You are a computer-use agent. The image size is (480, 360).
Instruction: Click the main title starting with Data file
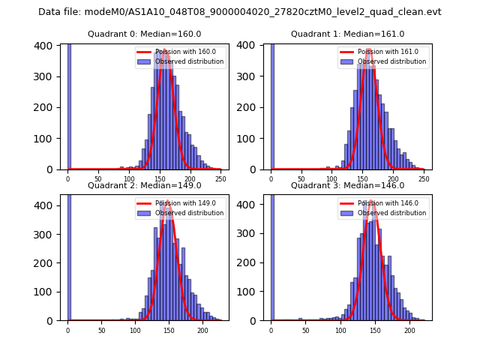(x=240, y=12)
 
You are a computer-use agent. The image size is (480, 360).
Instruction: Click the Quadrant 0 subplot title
(x=145, y=34)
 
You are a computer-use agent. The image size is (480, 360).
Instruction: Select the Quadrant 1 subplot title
(x=347, y=34)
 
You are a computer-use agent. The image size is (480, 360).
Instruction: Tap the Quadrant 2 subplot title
(x=145, y=185)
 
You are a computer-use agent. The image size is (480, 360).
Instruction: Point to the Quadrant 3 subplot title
(x=347, y=185)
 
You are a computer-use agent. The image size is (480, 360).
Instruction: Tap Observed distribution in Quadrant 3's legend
(x=391, y=213)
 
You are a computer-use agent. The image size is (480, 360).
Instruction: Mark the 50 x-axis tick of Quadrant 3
(x=305, y=330)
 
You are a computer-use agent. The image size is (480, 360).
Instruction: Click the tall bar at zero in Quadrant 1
(x=271, y=105)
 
